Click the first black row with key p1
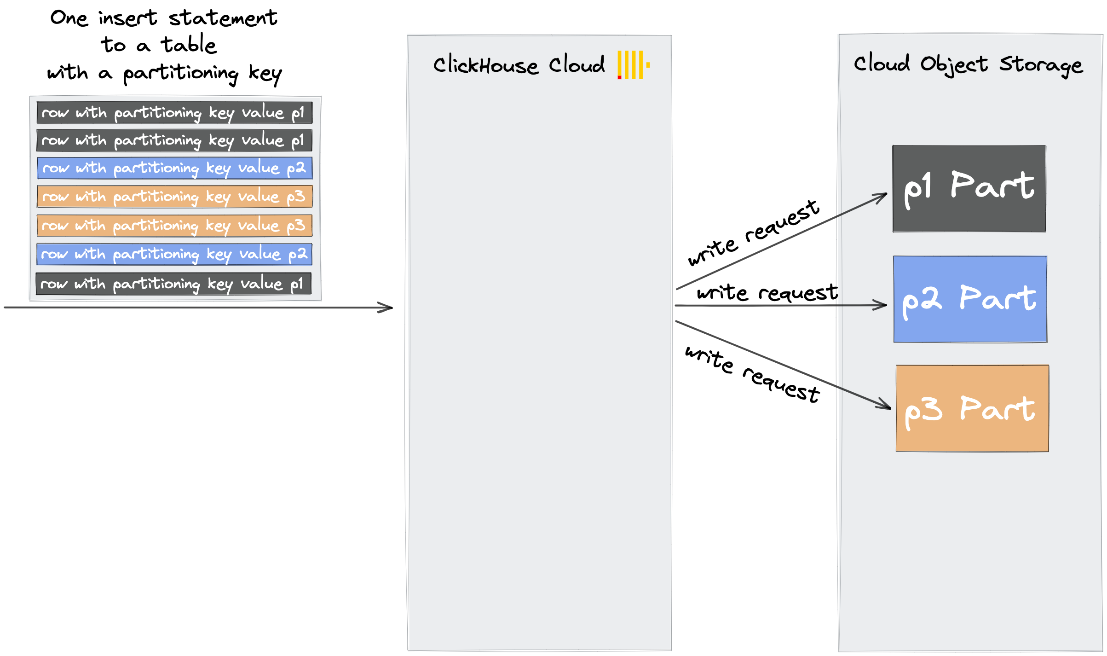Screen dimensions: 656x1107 click(174, 113)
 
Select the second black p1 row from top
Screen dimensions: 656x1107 click(174, 140)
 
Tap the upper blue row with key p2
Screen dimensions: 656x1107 click(174, 168)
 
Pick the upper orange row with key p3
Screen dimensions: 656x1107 click(174, 197)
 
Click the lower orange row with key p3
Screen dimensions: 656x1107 click(174, 226)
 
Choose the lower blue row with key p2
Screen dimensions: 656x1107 click(174, 254)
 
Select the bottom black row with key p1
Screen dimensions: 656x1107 click(173, 284)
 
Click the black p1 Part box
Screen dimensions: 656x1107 click(969, 189)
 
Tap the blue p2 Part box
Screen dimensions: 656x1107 click(970, 299)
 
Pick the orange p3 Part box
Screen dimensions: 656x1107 click(972, 408)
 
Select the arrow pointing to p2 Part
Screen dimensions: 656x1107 click(861, 305)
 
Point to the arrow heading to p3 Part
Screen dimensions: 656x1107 click(864, 398)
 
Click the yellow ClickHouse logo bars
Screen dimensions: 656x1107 click(633, 64)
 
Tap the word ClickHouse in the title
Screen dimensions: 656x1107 click(485, 65)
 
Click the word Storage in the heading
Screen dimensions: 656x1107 click(1041, 65)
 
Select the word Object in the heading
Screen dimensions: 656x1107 click(953, 65)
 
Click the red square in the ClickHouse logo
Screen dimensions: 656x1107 click(619, 77)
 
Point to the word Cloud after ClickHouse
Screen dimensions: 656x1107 click(577, 64)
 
